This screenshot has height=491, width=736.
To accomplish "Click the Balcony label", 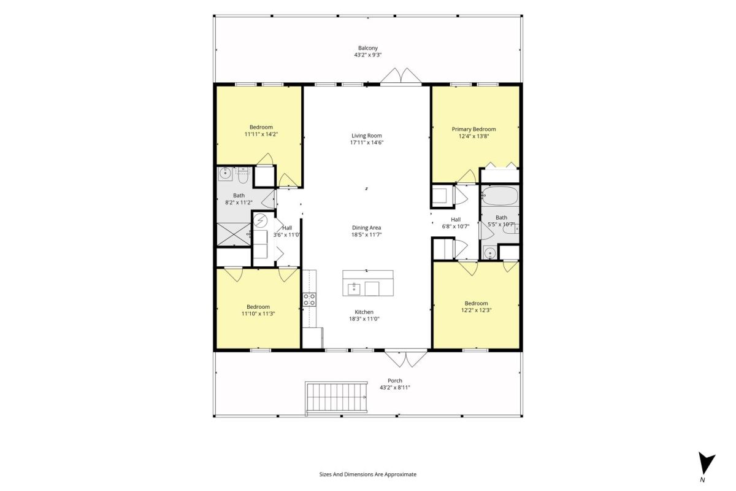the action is (367, 48).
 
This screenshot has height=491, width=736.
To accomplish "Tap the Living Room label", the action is (367, 136).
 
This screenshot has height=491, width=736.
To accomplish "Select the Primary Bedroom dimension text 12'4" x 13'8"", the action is (473, 136).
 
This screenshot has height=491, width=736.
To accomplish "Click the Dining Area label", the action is (366, 228).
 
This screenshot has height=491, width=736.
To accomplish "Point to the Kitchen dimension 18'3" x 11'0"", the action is (364, 319).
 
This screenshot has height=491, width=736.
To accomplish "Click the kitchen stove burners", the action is (309, 300).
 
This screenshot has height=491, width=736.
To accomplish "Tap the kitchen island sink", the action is (354, 289).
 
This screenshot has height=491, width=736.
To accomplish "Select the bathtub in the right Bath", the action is (500, 196).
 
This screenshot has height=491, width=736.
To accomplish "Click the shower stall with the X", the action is (234, 234).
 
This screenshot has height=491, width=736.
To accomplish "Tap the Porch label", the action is (395, 381).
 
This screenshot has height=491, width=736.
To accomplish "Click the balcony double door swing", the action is (401, 75).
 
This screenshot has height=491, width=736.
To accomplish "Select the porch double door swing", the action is (406, 359).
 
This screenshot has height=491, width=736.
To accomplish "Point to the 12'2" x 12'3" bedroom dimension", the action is (476, 310).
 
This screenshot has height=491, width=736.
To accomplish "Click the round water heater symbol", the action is (260, 221).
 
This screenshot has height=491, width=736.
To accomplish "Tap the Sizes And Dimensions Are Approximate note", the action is (367, 474).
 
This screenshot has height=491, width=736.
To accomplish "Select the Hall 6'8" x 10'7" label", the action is (455, 223).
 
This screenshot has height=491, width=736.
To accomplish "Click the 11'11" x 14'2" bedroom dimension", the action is (261, 134).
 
